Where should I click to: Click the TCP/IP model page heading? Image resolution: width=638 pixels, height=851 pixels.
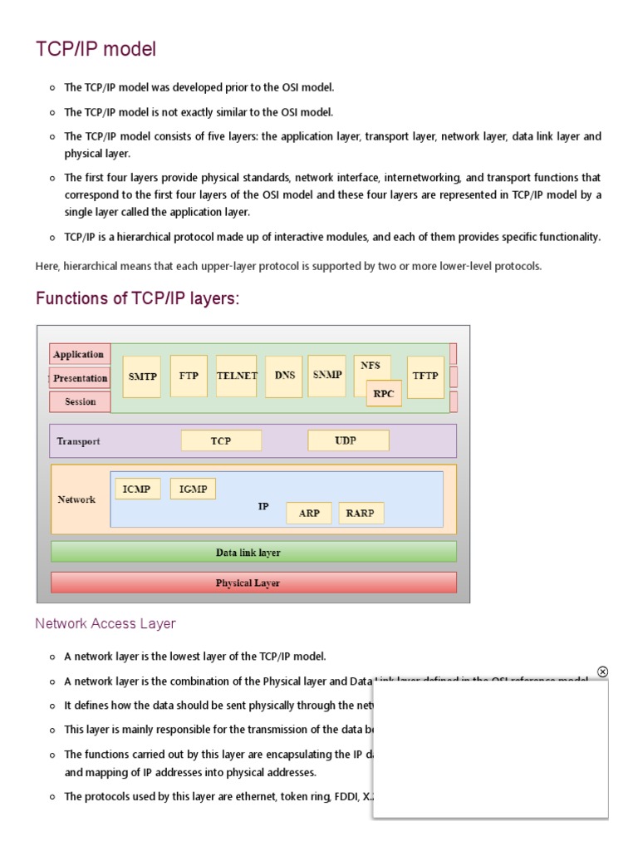point(96,50)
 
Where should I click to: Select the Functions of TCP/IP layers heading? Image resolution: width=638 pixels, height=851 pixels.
point(137,298)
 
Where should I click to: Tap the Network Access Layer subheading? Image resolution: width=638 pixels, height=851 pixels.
point(106,623)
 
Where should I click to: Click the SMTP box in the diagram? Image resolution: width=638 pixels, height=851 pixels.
point(142,376)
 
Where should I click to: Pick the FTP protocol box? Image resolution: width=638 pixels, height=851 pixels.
point(189,376)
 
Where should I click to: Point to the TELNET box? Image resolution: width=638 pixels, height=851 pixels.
point(237,376)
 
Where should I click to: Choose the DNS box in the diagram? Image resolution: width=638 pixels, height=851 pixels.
point(284,376)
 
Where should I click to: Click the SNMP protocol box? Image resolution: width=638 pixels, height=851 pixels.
point(327,375)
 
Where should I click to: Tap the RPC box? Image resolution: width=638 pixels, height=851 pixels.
point(384,394)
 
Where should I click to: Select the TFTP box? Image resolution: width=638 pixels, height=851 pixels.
point(425,376)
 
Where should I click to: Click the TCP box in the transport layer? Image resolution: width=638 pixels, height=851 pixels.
point(221,440)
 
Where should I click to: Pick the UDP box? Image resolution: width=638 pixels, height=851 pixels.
point(346,440)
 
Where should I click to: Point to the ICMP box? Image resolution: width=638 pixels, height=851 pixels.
point(136,489)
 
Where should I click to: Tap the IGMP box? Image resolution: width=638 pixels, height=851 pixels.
point(193,489)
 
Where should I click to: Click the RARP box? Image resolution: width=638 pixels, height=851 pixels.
point(360,513)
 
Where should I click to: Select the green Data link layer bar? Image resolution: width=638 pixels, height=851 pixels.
point(253,552)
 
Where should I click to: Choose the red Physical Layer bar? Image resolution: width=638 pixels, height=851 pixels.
point(253,583)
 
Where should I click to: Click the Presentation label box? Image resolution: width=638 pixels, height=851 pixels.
point(80,378)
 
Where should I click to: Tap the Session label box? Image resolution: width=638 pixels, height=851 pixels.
point(80,401)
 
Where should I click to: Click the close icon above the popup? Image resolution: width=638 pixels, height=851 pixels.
point(603,671)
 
